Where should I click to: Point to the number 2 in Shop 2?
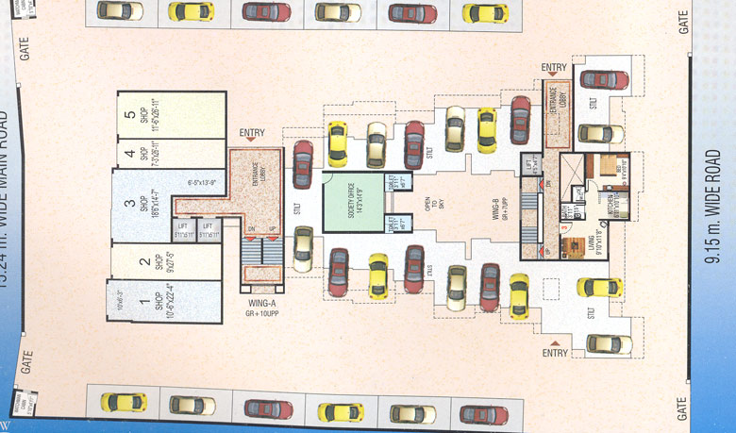145,262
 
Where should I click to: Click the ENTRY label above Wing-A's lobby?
252,133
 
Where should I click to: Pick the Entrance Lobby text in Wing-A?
255,175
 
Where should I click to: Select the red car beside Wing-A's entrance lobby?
302,164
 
